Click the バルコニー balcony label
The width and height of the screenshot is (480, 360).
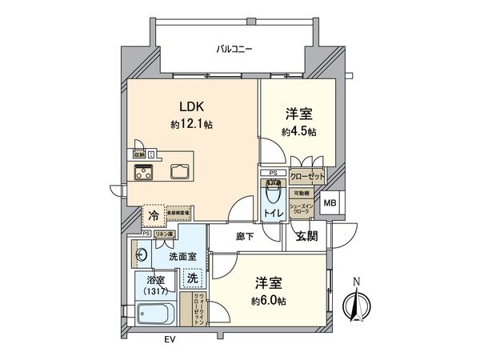[x=234, y=50]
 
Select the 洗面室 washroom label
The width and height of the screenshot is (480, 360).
[x=182, y=255]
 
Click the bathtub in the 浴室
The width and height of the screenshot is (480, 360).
[x=153, y=316]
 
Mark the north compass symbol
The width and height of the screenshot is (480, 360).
[x=356, y=304]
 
